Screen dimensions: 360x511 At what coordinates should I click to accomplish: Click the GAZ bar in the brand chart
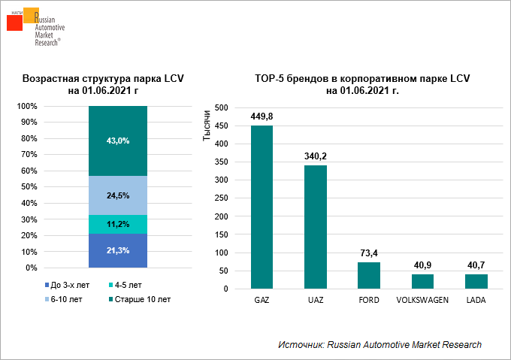[x=262, y=207]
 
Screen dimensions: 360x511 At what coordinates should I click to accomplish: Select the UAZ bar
[x=316, y=227]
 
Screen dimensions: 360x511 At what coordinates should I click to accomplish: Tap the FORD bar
[x=369, y=275]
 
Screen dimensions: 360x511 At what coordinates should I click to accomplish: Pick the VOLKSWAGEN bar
[x=422, y=281]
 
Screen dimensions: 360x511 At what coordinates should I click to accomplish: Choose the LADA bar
[x=476, y=281]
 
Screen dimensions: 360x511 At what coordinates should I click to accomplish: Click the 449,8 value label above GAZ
[x=262, y=116]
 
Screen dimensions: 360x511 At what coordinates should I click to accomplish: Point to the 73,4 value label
[x=369, y=253]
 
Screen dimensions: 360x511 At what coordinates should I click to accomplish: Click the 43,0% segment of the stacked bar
[x=118, y=141]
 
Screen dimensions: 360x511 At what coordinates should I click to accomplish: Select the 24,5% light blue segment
[x=118, y=195]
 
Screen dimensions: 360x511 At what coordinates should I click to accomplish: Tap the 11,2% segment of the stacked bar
[x=118, y=224]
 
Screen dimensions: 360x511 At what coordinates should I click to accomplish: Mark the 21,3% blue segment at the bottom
[x=118, y=250]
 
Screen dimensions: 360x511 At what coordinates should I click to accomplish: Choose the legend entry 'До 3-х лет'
[x=71, y=285]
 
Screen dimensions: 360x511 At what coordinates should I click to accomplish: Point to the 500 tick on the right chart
[x=220, y=107]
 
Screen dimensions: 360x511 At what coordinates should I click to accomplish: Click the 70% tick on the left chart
[x=27, y=155]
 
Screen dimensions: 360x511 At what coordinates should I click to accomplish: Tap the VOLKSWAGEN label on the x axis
[x=422, y=300]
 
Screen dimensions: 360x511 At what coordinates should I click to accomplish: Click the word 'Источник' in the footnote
[x=300, y=344]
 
